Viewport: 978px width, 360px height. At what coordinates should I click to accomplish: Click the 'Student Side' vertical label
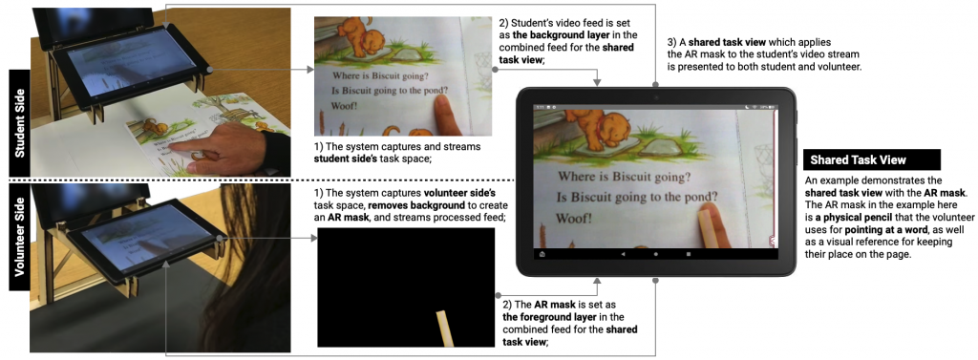tap(18, 123)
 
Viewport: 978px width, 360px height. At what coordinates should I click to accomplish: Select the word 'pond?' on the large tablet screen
tap(696, 199)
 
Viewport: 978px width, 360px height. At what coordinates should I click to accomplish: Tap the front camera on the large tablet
tap(655, 98)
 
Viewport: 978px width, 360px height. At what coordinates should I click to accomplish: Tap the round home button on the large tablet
tap(655, 255)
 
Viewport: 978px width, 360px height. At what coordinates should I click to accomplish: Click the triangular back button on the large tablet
tap(623, 255)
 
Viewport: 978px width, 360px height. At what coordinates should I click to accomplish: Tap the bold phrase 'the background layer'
tap(557, 35)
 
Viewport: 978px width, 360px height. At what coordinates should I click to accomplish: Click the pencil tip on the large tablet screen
tap(705, 213)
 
